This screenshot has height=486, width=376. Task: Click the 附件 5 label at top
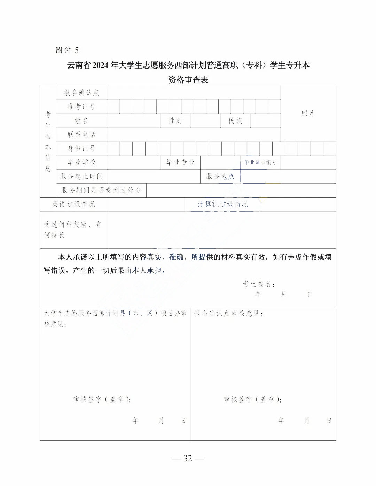click(67, 50)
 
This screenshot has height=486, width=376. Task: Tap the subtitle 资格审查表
click(188, 80)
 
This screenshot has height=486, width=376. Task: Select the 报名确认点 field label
click(81, 93)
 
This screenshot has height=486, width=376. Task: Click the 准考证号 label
click(81, 106)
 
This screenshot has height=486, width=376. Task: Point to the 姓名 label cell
click(81, 120)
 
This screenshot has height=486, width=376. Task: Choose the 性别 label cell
click(175, 120)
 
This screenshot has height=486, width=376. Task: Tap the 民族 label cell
click(235, 120)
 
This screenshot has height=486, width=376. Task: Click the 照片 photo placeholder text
click(308, 113)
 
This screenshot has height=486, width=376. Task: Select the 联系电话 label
click(81, 134)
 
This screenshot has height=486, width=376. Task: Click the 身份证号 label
click(81, 148)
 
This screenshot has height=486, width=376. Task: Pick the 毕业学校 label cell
click(81, 162)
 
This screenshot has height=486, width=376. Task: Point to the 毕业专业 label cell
click(180, 162)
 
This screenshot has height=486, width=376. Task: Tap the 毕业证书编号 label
click(260, 162)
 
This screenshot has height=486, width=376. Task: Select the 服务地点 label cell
click(220, 176)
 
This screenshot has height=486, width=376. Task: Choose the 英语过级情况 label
click(73, 204)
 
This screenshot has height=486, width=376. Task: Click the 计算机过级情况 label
click(223, 204)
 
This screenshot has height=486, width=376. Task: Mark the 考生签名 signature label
click(258, 284)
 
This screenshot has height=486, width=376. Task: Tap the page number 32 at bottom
click(188, 459)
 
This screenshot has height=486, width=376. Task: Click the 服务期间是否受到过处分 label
click(101, 190)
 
